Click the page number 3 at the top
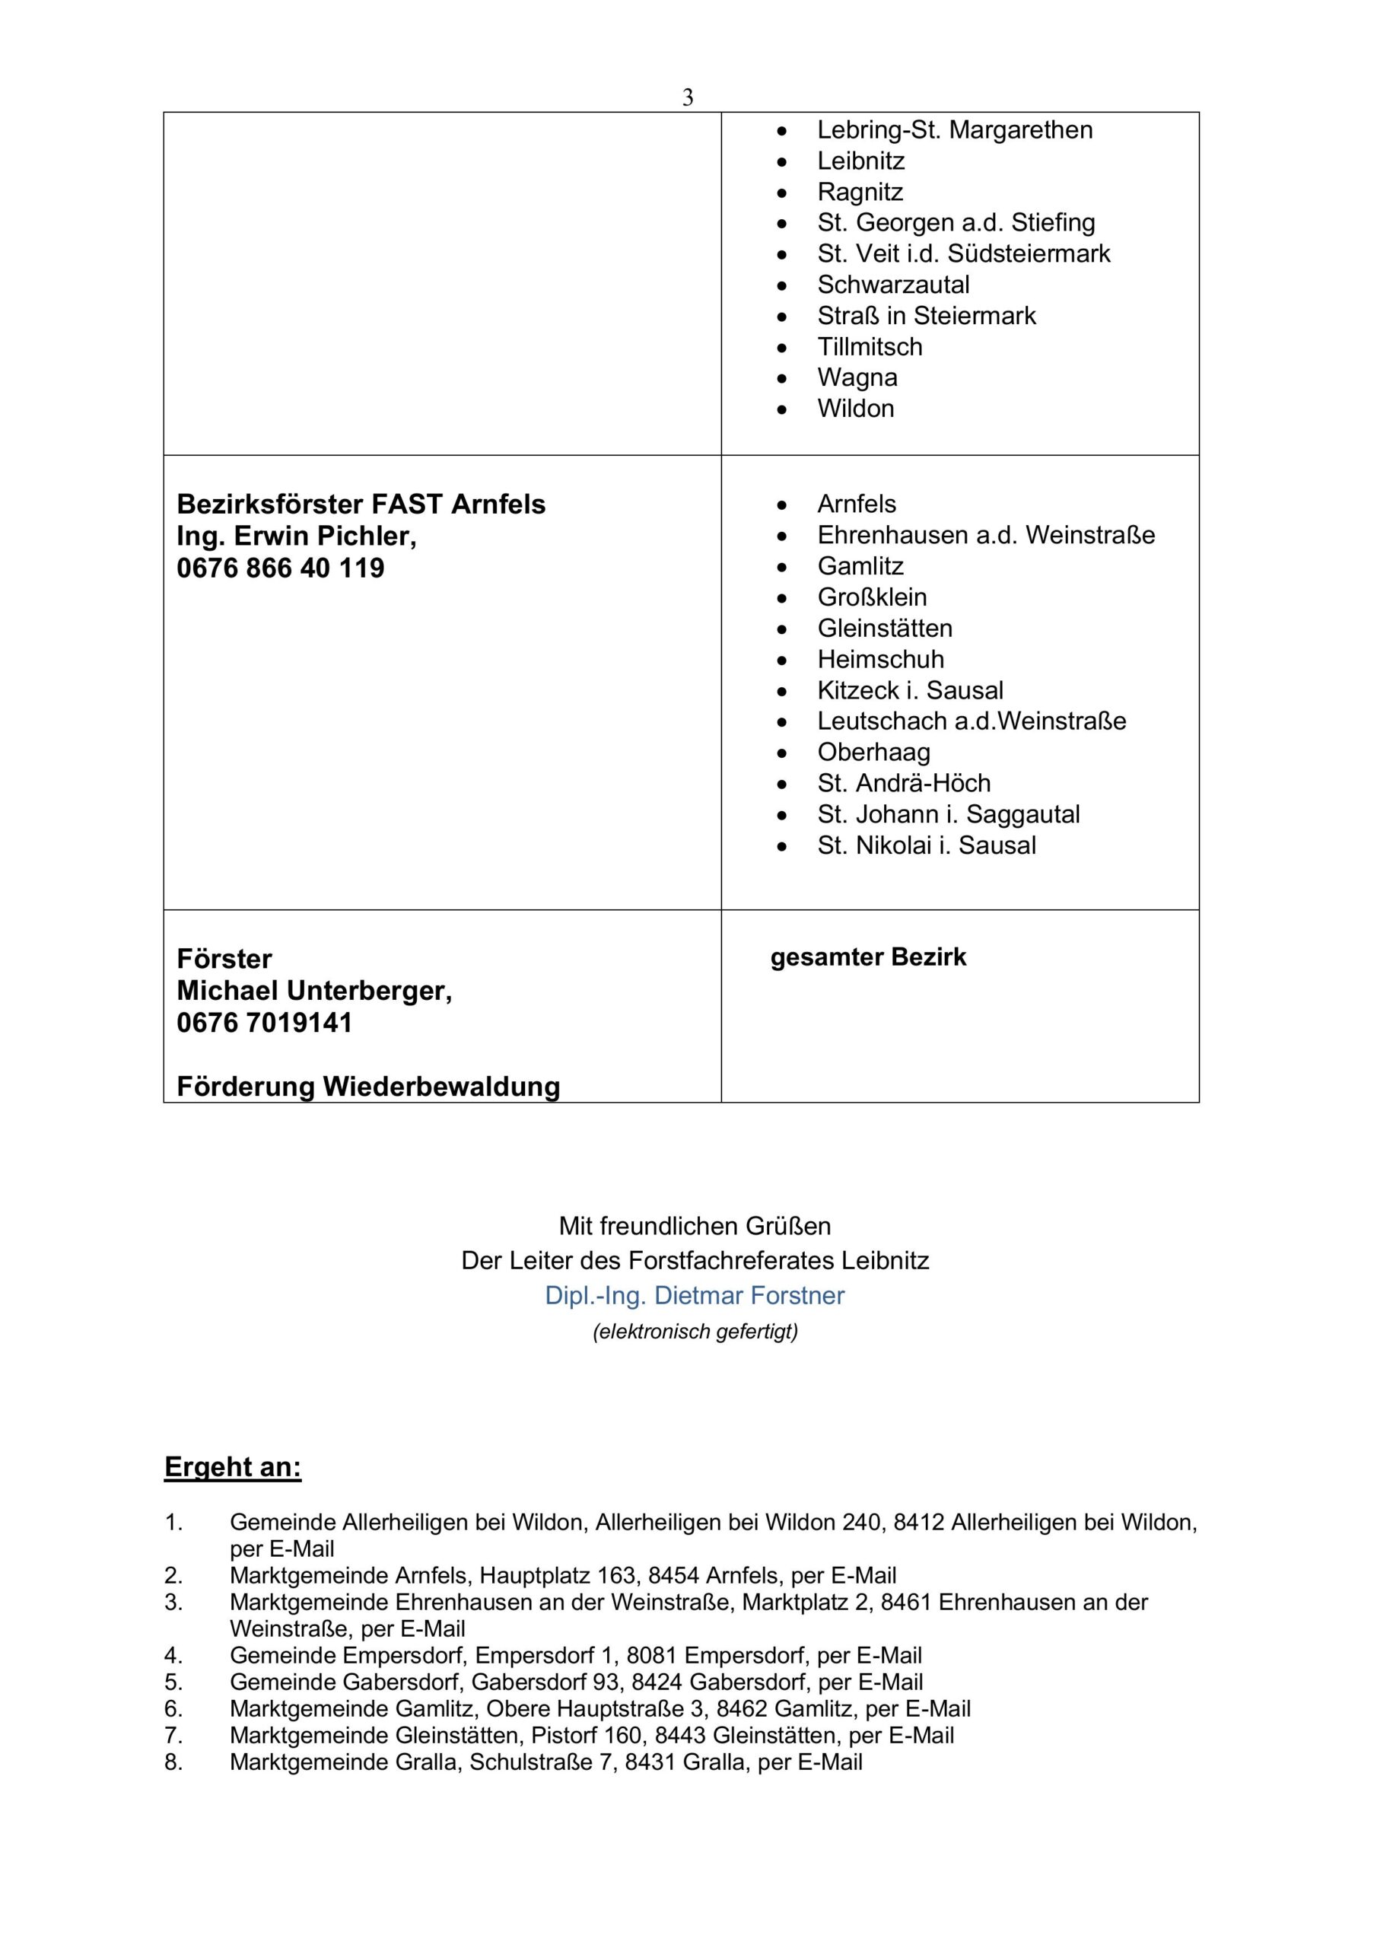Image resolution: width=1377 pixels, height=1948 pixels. click(x=687, y=98)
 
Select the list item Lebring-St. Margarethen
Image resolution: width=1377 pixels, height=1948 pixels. click(x=955, y=130)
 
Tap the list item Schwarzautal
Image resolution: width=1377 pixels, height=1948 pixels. click(x=892, y=285)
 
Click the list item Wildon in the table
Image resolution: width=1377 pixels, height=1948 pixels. click(x=855, y=408)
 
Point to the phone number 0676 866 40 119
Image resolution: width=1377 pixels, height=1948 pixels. click(x=280, y=568)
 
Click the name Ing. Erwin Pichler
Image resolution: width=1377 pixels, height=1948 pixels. click(x=296, y=536)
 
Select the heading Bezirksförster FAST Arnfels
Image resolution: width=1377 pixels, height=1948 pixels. click(x=361, y=504)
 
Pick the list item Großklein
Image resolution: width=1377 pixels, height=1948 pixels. click(x=871, y=597)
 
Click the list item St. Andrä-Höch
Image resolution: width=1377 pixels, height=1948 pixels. click(x=904, y=782)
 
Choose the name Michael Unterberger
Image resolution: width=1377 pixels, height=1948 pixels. click(x=314, y=990)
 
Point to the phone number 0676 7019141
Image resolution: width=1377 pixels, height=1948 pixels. click(x=264, y=1023)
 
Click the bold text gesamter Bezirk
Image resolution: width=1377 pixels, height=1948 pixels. click(x=868, y=957)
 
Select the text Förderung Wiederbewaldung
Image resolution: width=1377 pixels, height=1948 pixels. click(x=368, y=1086)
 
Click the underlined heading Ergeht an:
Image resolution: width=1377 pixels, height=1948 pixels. click(x=233, y=1467)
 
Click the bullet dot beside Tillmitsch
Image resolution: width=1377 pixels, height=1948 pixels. click(x=781, y=347)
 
